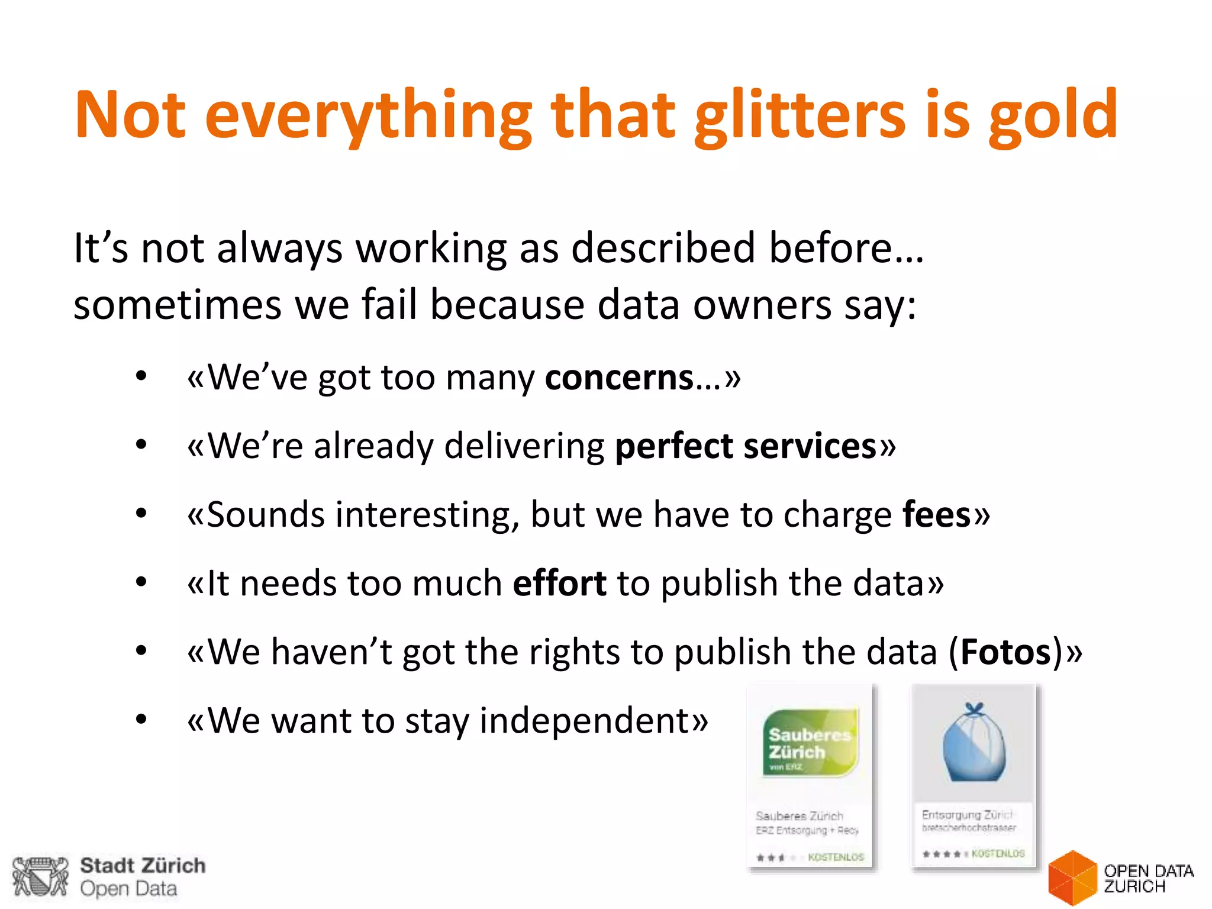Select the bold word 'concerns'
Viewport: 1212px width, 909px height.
(x=619, y=378)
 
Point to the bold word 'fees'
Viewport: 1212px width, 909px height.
(x=937, y=514)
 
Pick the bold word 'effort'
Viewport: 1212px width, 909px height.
(x=559, y=583)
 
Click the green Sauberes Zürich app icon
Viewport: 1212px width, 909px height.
(x=810, y=743)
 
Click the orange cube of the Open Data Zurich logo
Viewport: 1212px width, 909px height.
(x=1072, y=878)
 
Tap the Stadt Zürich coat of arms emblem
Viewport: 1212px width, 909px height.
(x=40, y=876)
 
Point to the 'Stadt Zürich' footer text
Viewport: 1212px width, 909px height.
(x=143, y=865)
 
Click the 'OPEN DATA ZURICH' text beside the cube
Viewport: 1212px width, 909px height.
(x=1148, y=878)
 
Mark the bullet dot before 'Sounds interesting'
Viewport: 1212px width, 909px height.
(x=141, y=514)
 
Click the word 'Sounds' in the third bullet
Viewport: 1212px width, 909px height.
(x=266, y=514)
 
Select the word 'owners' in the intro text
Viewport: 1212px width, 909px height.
(x=762, y=305)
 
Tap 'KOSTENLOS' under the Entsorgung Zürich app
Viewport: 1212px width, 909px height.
(x=998, y=853)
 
